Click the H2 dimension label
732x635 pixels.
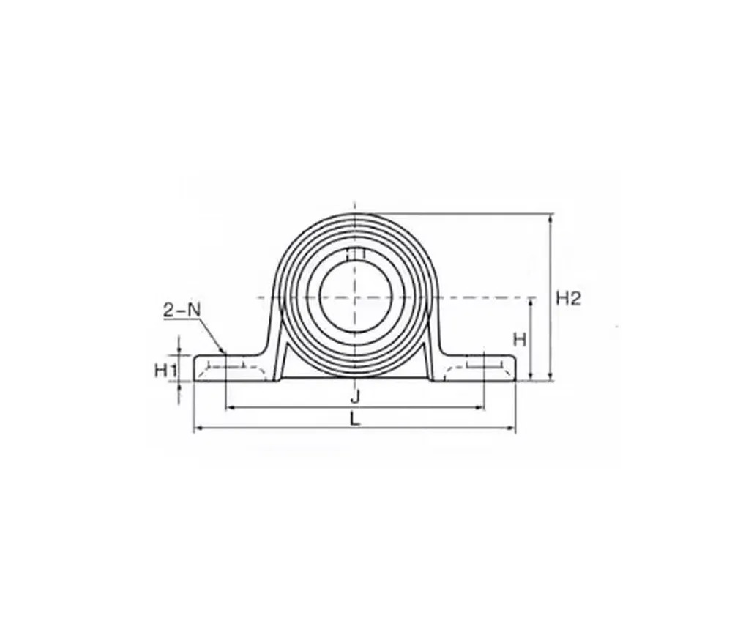(x=568, y=297)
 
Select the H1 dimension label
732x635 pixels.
(x=165, y=371)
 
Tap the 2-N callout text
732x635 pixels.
(x=181, y=310)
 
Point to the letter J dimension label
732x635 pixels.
(x=355, y=397)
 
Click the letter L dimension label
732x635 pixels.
(x=355, y=419)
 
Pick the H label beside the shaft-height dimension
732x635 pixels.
(x=520, y=340)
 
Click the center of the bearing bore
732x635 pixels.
(x=355, y=297)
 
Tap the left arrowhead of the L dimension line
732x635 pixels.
(x=198, y=427)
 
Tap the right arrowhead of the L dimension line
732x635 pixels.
(x=511, y=427)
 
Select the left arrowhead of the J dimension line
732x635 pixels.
(x=230, y=408)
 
